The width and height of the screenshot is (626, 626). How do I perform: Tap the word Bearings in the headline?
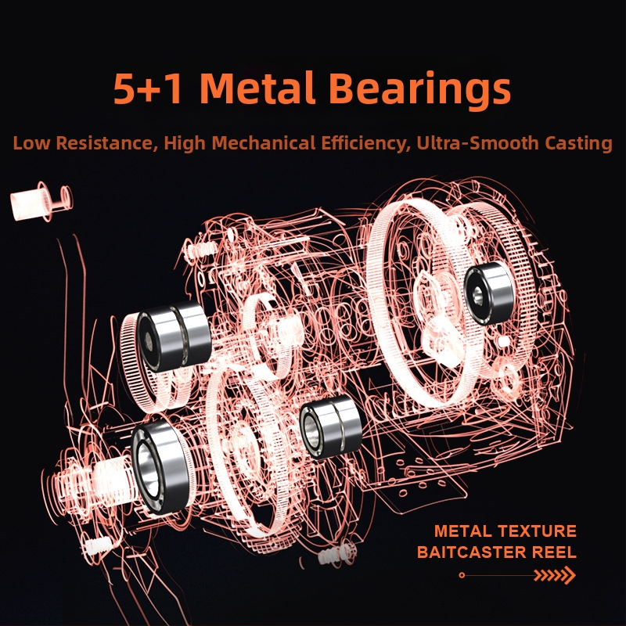(419, 91)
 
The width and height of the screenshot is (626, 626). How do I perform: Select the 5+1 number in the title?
(149, 88)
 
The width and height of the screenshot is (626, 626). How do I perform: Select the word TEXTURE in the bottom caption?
(537, 531)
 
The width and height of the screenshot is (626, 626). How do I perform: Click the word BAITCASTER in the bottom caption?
(472, 552)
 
